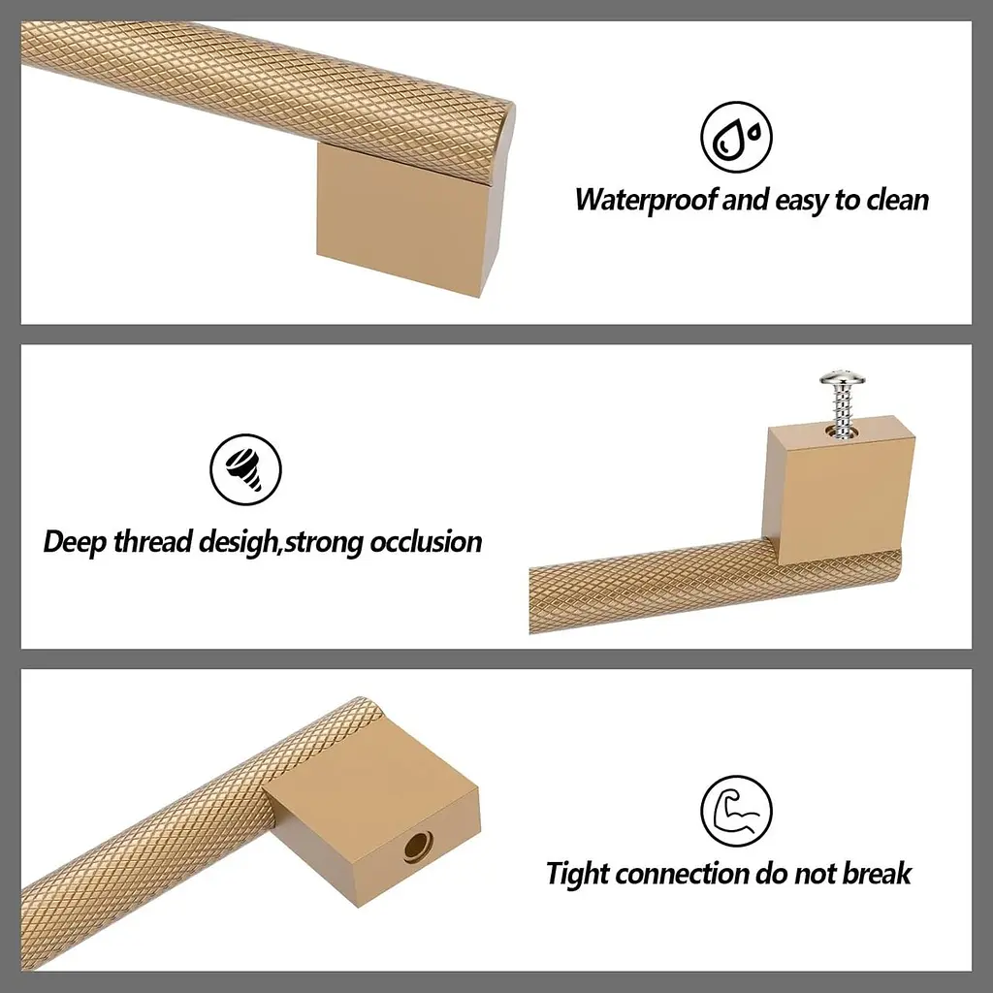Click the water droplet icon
736,137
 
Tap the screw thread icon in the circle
245,469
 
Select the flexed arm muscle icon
736,811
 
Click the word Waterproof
646,200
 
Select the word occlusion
426,542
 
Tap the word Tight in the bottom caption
578,874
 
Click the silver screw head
842,379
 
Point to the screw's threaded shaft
842,411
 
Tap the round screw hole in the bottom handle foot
417,847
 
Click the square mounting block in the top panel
406,218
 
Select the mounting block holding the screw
840,490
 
